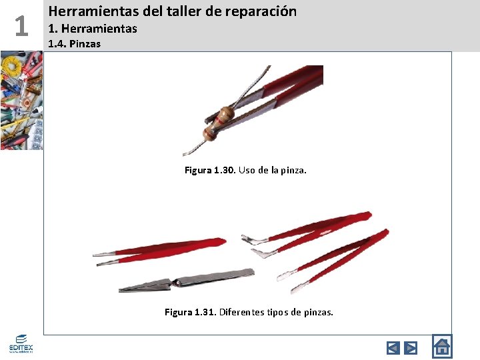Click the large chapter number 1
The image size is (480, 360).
21,26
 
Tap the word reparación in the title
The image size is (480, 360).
258,12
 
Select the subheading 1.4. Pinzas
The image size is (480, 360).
74,45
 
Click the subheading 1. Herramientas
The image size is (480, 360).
93,29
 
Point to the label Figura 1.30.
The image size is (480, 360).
209,170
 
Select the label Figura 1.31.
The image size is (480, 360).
190,312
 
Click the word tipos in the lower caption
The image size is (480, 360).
289,312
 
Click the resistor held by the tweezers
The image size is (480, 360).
220,123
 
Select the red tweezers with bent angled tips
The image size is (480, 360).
307,227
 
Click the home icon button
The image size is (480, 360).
441,346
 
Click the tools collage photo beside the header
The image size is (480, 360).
21,100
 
